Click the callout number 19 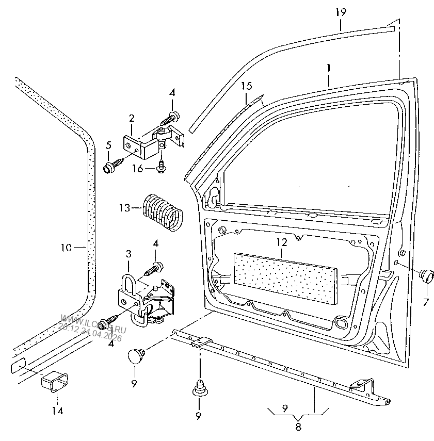point(340,11)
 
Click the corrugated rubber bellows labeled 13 point(162,210)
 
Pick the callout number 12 point(280,241)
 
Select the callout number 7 point(426,302)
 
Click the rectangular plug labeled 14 point(53,384)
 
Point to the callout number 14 point(57,411)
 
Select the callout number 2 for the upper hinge point(132,118)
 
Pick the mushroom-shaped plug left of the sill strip point(136,355)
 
